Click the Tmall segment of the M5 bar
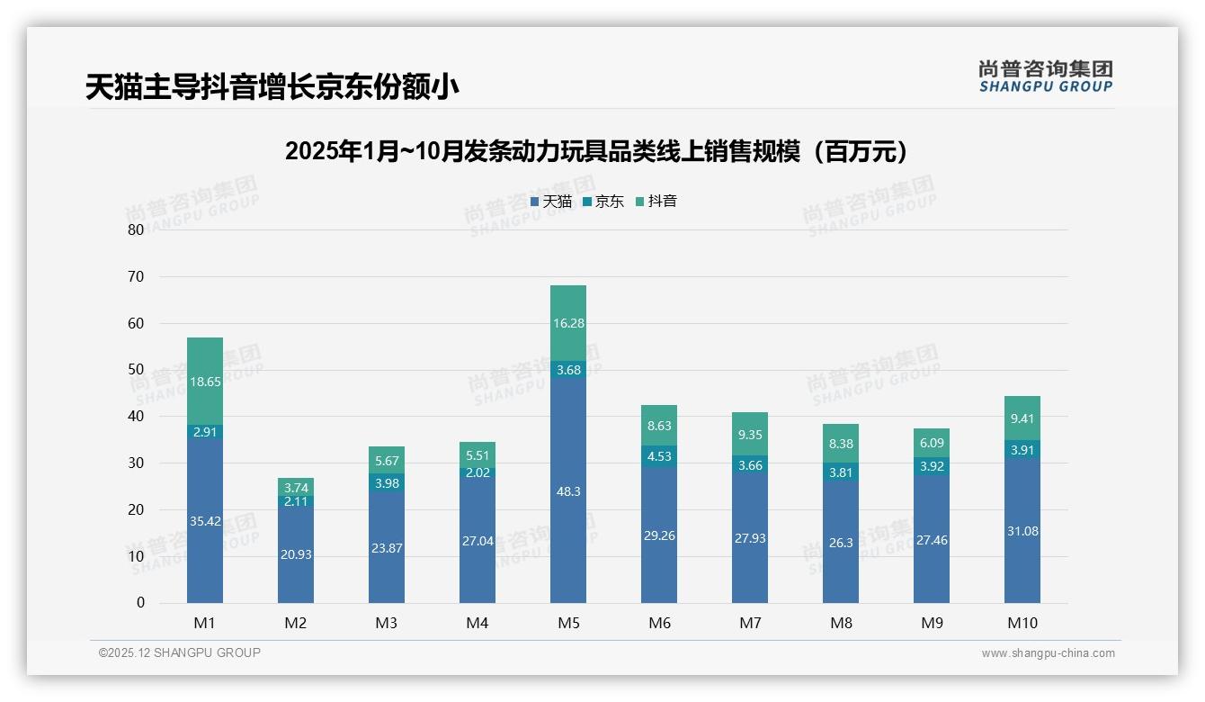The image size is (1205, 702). (568, 504)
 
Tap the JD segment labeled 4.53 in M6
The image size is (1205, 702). (659, 456)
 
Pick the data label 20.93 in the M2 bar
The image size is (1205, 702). (296, 554)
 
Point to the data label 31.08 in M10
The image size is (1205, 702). (1022, 531)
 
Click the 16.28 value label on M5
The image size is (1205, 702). (568, 323)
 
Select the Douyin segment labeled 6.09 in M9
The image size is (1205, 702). (932, 443)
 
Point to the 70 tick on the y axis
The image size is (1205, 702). (136, 276)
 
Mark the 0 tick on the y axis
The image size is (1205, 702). (140, 603)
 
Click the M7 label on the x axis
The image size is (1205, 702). (750, 623)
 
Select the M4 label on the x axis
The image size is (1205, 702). (478, 623)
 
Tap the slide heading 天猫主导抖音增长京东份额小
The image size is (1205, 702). (272, 87)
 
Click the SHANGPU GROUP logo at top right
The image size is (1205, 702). (1045, 76)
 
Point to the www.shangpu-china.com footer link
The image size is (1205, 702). (1048, 653)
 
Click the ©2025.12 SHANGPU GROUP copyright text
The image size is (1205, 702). (180, 653)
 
